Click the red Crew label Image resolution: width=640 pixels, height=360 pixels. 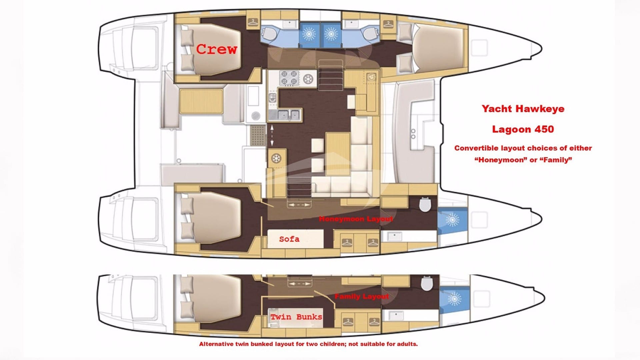point(216,49)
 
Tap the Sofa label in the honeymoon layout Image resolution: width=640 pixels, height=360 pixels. point(289,239)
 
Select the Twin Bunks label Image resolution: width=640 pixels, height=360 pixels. point(296,317)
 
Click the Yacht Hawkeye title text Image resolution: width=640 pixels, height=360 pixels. point(523,109)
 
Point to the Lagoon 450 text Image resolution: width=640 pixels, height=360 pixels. point(523,129)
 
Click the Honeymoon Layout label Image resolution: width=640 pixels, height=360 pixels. point(356,219)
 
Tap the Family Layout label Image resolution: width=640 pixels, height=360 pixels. point(361,296)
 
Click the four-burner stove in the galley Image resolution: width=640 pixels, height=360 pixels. point(289,77)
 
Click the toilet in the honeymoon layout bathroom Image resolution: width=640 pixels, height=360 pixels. point(425,204)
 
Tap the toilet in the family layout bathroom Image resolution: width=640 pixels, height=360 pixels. point(426,283)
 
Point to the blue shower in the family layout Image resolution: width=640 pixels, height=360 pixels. point(454,298)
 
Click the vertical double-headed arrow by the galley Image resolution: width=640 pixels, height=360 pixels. point(272,135)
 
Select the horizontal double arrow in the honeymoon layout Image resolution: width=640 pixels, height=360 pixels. point(299,205)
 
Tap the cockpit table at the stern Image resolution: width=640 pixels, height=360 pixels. point(201,101)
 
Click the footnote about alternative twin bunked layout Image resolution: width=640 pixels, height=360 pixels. point(308,344)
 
